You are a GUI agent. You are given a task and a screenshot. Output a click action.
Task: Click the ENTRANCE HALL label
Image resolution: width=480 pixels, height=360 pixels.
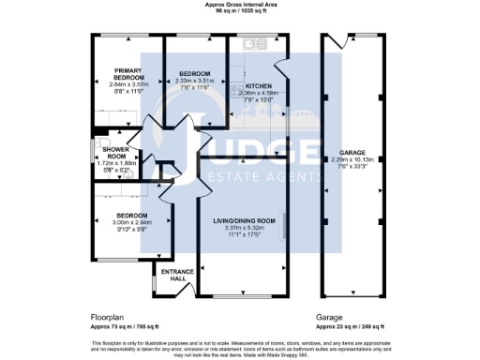coord(178,274)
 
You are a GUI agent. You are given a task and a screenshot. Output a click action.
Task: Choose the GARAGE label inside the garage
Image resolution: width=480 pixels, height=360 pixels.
coord(352,151)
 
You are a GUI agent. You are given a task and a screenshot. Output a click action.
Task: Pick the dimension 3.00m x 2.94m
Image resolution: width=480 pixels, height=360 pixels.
coord(132,224)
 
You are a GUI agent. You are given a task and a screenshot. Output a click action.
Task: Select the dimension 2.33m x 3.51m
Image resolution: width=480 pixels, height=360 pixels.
coord(195,81)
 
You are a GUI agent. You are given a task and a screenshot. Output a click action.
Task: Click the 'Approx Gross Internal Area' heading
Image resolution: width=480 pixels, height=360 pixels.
coord(240,5)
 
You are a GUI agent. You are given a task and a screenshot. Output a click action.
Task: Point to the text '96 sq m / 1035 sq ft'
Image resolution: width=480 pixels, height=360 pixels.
coord(240,11)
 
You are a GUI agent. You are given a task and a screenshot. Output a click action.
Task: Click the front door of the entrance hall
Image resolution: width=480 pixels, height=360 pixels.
coord(179,292)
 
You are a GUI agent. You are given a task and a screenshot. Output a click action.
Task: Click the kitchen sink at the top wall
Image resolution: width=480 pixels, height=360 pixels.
coord(251,43)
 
